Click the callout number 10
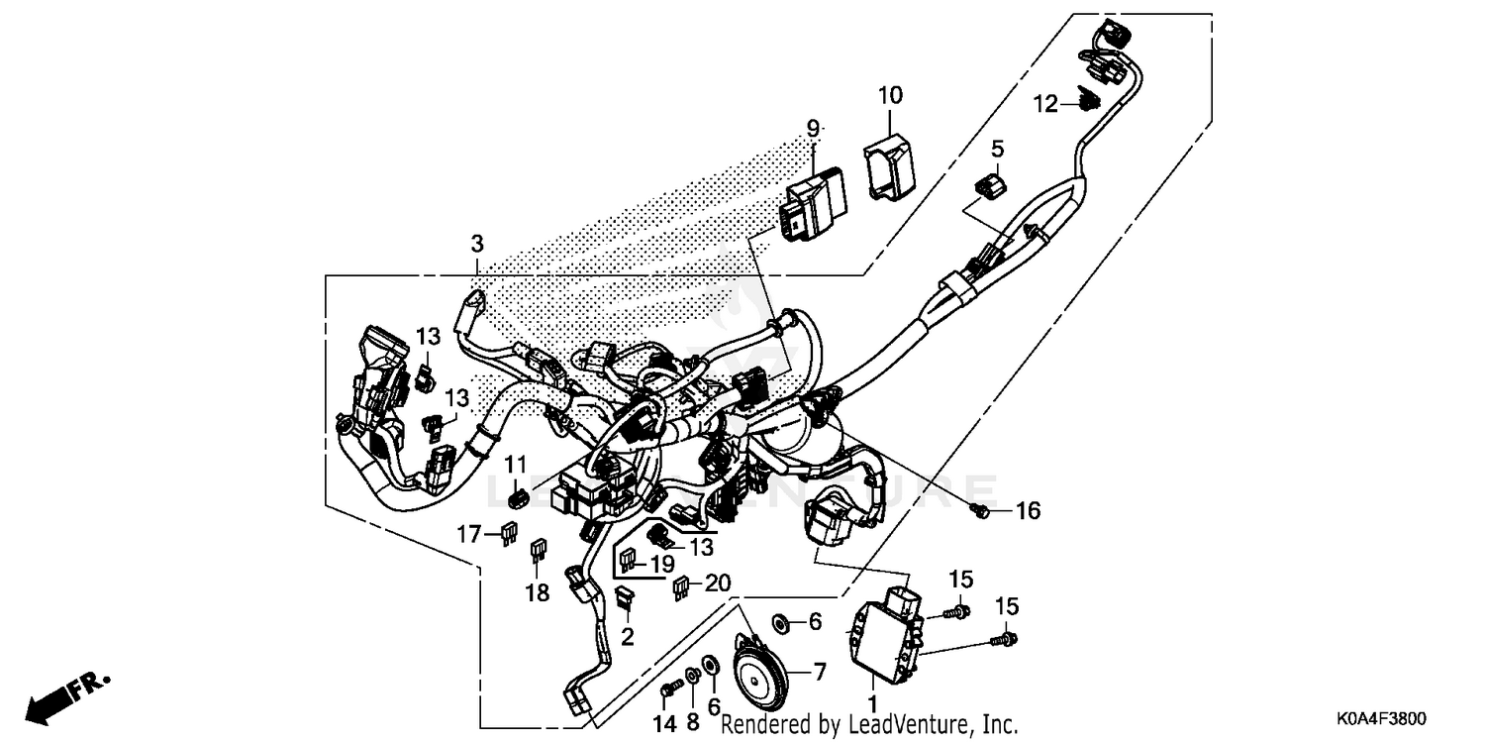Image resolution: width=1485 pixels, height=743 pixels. coord(890,96)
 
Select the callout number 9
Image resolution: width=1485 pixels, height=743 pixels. coord(813,128)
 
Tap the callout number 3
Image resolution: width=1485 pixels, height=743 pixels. coord(477,244)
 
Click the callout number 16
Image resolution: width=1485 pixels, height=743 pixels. coord(1028,511)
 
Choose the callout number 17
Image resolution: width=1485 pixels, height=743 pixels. coord(470,535)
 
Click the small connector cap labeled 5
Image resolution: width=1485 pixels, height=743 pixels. coord(992,187)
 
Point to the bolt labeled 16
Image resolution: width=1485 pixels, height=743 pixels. coord(979,510)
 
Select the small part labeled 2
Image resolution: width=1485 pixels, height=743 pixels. coord(626,595)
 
